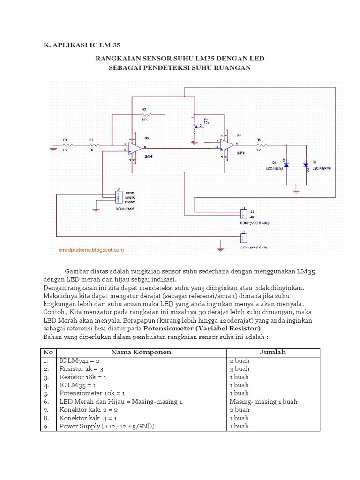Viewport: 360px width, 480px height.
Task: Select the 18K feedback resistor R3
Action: (144, 114)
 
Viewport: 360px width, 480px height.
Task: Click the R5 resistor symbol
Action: (258, 145)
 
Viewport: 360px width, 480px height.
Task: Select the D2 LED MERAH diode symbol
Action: (306, 165)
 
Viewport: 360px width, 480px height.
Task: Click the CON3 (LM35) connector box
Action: (118, 197)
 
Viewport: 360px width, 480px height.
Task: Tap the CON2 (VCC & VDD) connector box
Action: (243, 213)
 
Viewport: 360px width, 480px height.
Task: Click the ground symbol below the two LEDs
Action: (296, 190)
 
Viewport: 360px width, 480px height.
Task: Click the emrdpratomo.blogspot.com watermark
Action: (91, 250)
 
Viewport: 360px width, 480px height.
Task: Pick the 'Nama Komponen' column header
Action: (141, 352)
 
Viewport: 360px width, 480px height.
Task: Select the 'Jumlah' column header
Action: (272, 352)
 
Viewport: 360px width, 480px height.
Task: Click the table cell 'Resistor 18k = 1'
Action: (83, 377)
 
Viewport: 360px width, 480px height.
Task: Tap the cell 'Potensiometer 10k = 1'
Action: (93, 393)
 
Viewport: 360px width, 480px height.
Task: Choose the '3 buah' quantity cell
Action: (239, 368)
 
